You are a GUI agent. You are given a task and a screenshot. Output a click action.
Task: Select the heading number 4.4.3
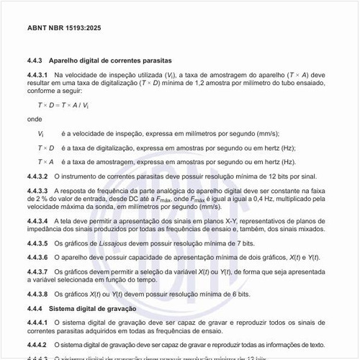[37, 60]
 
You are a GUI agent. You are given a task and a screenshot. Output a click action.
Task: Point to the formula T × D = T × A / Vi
[63, 105]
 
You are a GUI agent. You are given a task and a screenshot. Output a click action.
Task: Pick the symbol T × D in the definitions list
[45, 148]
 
